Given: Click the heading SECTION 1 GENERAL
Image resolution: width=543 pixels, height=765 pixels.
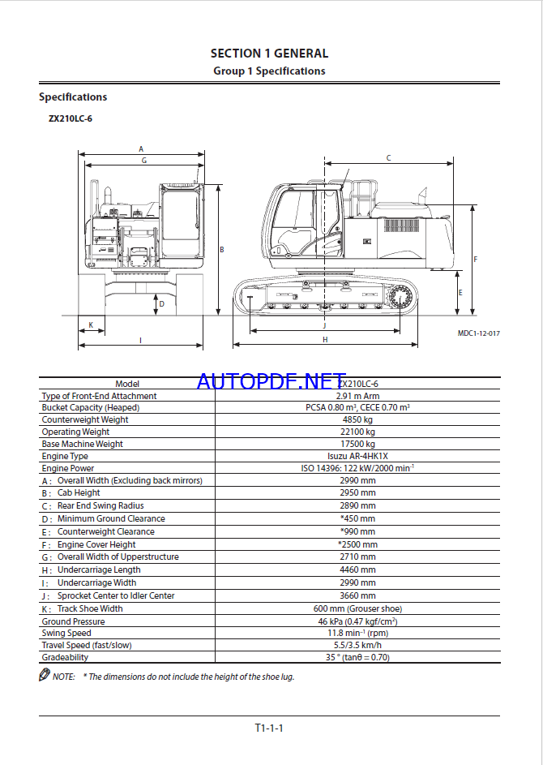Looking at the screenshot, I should pyautogui.click(x=269, y=54).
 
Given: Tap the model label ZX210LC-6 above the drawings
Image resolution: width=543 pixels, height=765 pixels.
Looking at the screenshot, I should pyautogui.click(x=70, y=118).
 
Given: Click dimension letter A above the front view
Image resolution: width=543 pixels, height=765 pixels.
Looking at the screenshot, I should pyautogui.click(x=141, y=149).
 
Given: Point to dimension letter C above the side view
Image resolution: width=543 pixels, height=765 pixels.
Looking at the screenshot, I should pyautogui.click(x=388, y=158).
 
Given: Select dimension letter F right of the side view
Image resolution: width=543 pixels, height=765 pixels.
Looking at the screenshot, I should pyautogui.click(x=475, y=260).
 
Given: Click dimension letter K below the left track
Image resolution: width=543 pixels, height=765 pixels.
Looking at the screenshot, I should pyautogui.click(x=91, y=325).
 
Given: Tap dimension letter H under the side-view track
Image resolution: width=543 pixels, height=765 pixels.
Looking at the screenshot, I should pyautogui.click(x=325, y=339).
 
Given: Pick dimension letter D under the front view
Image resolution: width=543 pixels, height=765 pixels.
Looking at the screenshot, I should pyautogui.click(x=161, y=304).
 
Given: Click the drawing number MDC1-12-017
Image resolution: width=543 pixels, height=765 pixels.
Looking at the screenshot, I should pyautogui.click(x=478, y=333).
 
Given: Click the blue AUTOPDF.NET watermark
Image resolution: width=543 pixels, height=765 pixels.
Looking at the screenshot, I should pyautogui.click(x=271, y=380).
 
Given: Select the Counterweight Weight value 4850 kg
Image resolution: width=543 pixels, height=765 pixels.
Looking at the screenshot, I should pyautogui.click(x=357, y=420).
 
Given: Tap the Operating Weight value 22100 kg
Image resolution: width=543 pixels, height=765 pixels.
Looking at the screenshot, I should pyautogui.click(x=357, y=432).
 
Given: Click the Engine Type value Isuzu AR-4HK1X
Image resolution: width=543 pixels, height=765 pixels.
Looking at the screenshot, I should pyautogui.click(x=357, y=457).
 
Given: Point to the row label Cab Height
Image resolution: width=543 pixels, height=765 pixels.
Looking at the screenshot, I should pyautogui.click(x=79, y=493).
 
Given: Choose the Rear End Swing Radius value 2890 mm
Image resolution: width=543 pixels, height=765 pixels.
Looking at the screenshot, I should pyautogui.click(x=357, y=505).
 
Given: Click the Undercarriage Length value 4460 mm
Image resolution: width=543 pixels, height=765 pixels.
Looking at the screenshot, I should pyautogui.click(x=357, y=570).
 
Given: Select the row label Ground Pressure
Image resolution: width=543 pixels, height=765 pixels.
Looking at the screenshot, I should pyautogui.click(x=73, y=621).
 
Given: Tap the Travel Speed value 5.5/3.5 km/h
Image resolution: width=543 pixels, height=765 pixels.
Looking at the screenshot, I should pyautogui.click(x=357, y=646).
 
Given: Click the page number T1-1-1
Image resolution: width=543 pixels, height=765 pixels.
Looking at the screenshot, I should pyautogui.click(x=269, y=728).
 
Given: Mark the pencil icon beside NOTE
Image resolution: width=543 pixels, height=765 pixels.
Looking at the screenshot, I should pyautogui.click(x=45, y=676).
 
